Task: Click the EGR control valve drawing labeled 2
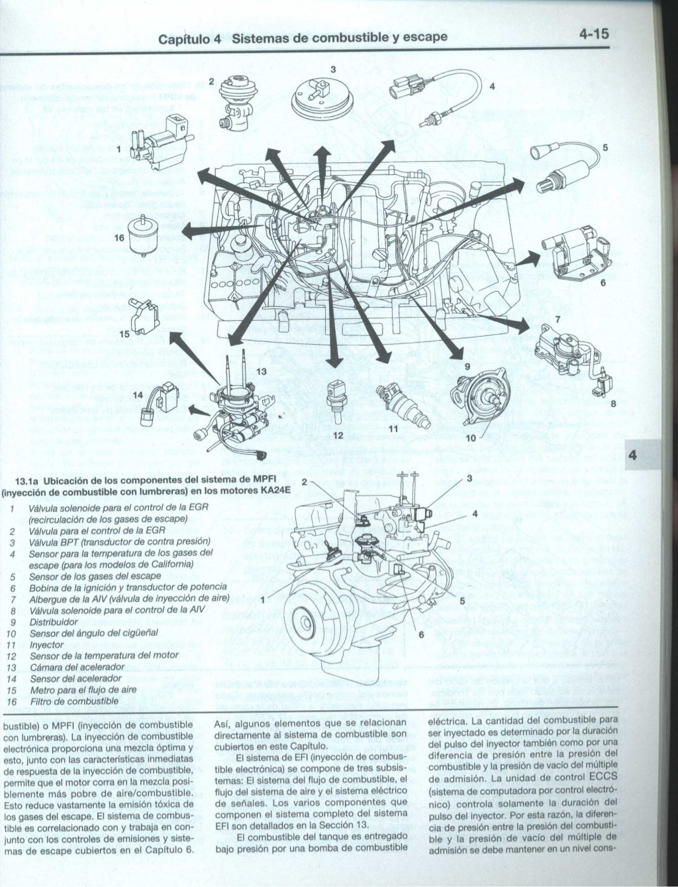point(236,99)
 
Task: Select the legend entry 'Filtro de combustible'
point(73,701)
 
